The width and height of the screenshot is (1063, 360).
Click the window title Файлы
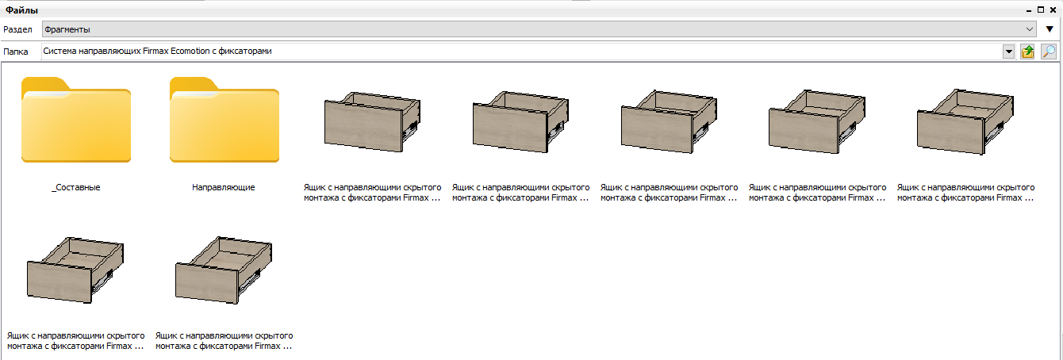[x=21, y=10]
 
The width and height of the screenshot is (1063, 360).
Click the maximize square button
[x=1041, y=10]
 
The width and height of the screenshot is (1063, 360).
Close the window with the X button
[x=1053, y=10]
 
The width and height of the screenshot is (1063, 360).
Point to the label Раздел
[x=17, y=29]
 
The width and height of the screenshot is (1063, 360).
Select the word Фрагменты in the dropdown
[x=67, y=29]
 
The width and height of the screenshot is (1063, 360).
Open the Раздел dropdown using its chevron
[x=1030, y=29]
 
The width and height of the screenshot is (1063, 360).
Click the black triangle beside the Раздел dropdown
[x=1050, y=29]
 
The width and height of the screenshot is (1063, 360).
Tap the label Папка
[x=16, y=52]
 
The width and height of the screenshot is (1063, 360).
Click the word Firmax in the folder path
[x=155, y=51]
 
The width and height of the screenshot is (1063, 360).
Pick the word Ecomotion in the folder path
[x=190, y=51]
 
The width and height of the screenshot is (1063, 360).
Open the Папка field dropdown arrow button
[x=1008, y=52]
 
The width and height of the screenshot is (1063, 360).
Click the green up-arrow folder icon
[x=1027, y=52]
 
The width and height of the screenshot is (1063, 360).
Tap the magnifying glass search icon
[x=1048, y=52]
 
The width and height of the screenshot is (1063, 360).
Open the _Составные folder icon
[x=76, y=120]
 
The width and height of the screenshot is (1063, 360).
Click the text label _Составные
[x=76, y=187]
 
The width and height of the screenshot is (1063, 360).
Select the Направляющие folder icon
[x=224, y=120]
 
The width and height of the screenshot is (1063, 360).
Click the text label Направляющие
[x=224, y=187]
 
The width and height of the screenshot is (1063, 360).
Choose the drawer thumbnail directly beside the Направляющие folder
[x=373, y=122]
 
